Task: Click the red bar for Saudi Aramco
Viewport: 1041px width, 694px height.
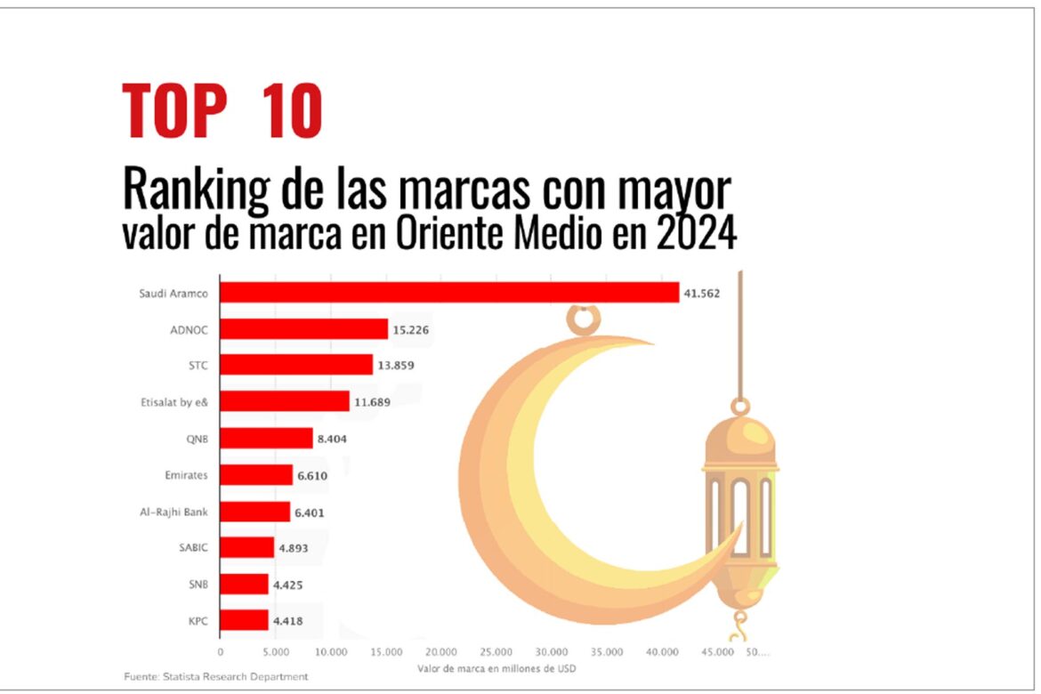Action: point(449,293)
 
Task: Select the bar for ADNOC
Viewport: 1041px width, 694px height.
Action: point(303,329)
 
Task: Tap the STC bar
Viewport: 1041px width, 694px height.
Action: point(296,365)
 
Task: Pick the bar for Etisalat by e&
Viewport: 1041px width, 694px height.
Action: point(285,401)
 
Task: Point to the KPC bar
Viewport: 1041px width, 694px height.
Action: point(244,620)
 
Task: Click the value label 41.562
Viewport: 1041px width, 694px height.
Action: point(701,293)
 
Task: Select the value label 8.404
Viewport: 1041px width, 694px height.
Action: point(336,439)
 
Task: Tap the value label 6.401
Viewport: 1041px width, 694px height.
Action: point(313,512)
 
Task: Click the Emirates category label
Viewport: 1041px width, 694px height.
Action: point(186,475)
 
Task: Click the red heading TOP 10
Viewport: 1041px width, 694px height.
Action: point(222,110)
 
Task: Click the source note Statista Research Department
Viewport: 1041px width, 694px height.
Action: point(215,677)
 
